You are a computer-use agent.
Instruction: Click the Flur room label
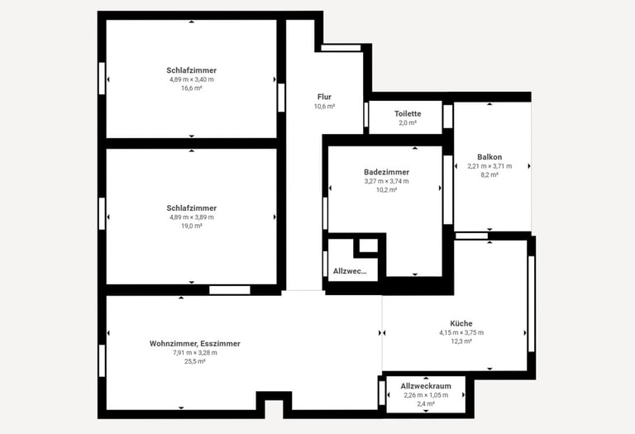[324, 97]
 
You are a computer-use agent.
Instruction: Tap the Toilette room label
[408, 114]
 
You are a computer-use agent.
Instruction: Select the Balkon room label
[489, 157]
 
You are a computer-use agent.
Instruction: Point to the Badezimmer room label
[386, 172]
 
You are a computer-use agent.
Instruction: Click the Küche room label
[461, 323]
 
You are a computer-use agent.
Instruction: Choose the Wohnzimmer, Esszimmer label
[195, 344]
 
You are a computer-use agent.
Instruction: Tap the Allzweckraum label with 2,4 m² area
[426, 386]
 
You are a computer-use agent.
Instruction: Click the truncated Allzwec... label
[350, 271]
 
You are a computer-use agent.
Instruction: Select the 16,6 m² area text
[192, 88]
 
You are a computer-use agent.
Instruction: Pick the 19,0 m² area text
[192, 226]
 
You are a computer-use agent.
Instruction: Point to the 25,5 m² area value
[195, 361]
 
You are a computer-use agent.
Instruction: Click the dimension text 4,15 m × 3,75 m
[461, 332]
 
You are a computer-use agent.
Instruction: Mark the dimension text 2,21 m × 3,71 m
[489, 166]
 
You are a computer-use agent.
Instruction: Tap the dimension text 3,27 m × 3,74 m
[386, 181]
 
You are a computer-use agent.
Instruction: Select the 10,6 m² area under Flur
[324, 106]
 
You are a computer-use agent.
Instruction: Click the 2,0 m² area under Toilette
[408, 122]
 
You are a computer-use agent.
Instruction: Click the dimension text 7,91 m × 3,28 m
[195, 353]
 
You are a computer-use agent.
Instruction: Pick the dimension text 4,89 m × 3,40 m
[192, 79]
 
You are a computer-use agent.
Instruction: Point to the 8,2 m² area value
[489, 175]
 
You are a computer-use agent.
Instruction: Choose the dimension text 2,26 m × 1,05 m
[426, 395]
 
